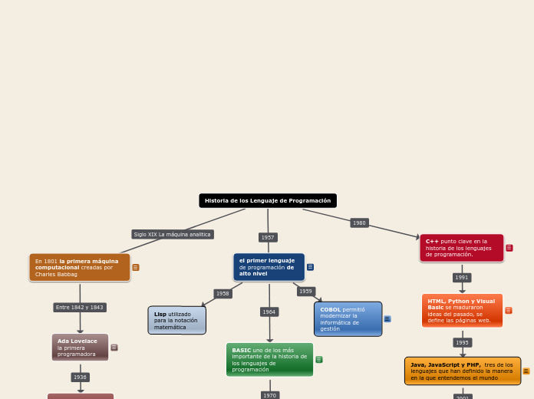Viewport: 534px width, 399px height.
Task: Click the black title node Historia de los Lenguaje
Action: (x=268, y=201)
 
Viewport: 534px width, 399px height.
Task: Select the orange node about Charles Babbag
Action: (x=80, y=268)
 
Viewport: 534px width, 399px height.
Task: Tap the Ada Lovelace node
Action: (x=80, y=348)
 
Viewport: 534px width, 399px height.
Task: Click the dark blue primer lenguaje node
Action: (x=269, y=267)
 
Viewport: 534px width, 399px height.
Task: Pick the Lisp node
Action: (x=176, y=321)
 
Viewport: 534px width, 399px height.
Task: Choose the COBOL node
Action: (x=348, y=319)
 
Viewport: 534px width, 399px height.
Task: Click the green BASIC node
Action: (x=269, y=360)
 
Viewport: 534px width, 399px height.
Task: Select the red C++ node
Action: (x=461, y=248)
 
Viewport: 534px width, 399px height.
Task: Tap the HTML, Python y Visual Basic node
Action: (x=462, y=311)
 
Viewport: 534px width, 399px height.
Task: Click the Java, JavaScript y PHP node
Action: (x=463, y=371)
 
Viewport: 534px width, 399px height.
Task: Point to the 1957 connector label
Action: (x=268, y=238)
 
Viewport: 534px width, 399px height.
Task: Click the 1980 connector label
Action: (x=359, y=223)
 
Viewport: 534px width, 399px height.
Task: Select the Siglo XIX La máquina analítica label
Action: (x=173, y=234)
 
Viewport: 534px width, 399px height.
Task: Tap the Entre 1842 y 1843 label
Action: (x=80, y=308)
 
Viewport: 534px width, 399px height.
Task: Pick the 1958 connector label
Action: (x=222, y=294)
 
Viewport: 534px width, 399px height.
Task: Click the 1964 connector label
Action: (x=269, y=312)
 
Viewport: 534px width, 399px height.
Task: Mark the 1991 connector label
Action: (x=462, y=278)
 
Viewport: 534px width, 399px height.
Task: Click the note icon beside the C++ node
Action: (x=509, y=248)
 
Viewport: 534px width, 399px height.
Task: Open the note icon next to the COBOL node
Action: (x=387, y=319)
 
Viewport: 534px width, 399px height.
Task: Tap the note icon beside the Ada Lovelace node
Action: (x=114, y=348)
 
